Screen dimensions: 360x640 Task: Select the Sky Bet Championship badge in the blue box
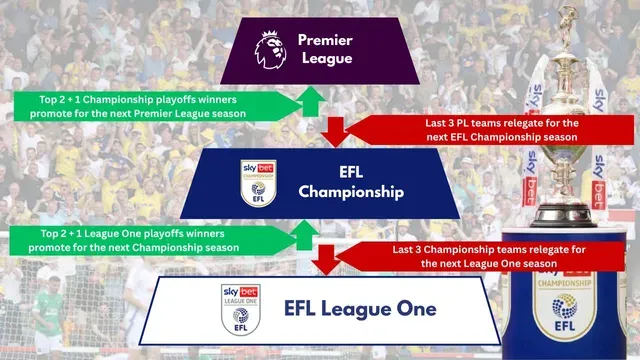click(x=255, y=182)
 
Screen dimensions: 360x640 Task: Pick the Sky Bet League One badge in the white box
click(x=238, y=308)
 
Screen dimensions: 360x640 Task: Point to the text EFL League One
click(x=360, y=308)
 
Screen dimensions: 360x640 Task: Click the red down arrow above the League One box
click(x=324, y=260)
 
